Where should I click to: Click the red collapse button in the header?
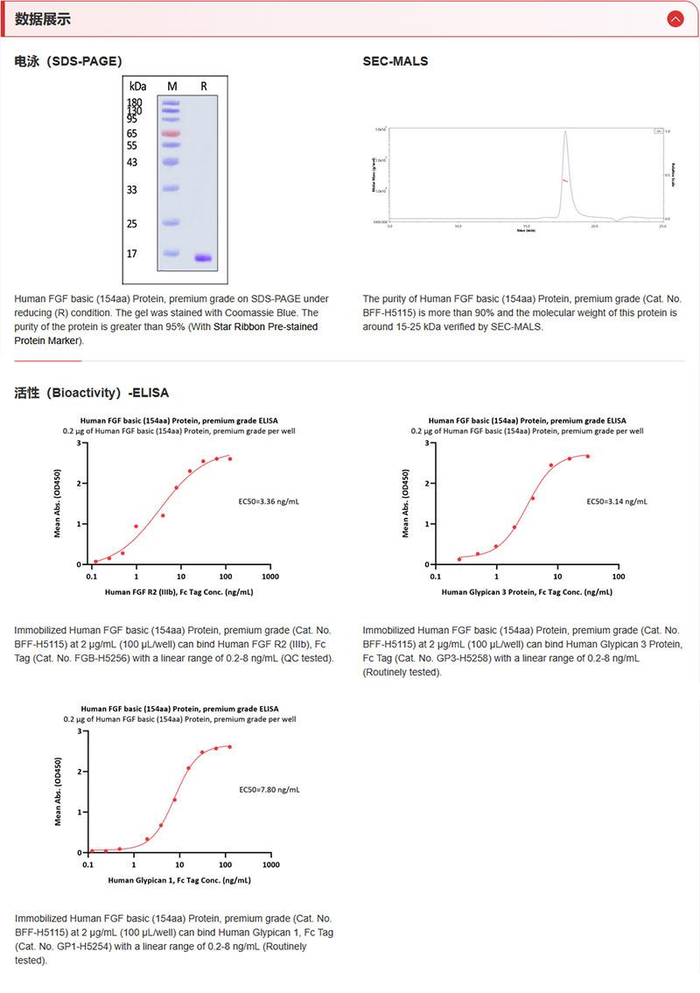pyautogui.click(x=675, y=18)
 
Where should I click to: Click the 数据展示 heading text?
pyautogui.click(x=43, y=19)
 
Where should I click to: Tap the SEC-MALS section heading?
pyautogui.click(x=395, y=61)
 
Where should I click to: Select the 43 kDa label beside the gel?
pyautogui.click(x=132, y=163)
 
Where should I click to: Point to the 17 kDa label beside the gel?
pyautogui.click(x=132, y=254)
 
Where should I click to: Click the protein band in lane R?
pyautogui.click(x=203, y=258)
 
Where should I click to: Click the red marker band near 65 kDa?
pyautogui.click(x=170, y=133)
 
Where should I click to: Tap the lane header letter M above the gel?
pyautogui.click(x=171, y=86)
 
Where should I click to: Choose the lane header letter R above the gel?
pyautogui.click(x=204, y=86)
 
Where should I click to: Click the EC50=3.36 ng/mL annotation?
pyautogui.click(x=269, y=502)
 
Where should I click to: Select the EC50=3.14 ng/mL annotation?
pyautogui.click(x=617, y=502)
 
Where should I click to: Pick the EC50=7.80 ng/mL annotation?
pyautogui.click(x=269, y=789)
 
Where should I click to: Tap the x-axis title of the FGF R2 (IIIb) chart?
pyautogui.click(x=179, y=592)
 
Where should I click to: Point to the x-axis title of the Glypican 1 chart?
pyautogui.click(x=179, y=879)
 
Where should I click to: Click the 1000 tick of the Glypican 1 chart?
pyautogui.click(x=270, y=864)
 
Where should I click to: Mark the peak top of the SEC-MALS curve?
pyautogui.click(x=565, y=132)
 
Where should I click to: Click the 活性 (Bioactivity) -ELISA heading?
pyautogui.click(x=92, y=393)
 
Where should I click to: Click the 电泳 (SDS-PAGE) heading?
pyautogui.click(x=68, y=61)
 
